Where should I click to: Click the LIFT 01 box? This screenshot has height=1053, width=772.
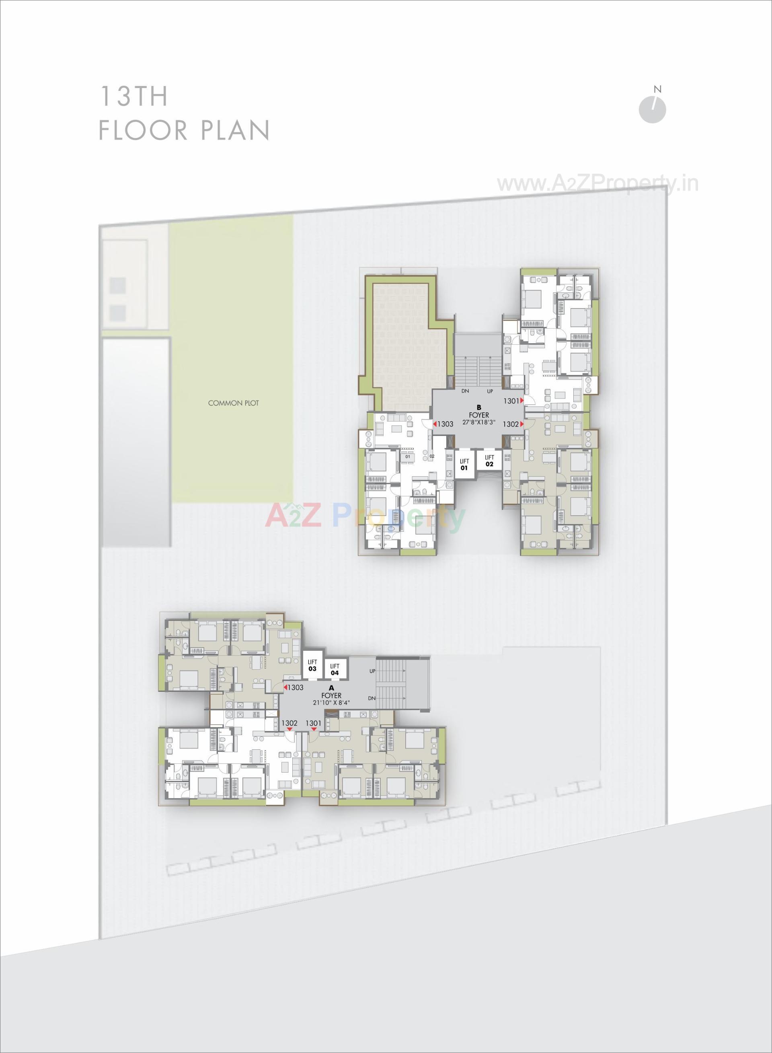point(464,464)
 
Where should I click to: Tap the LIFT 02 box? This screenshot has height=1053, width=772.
point(489,461)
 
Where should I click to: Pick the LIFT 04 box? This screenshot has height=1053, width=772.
point(335,669)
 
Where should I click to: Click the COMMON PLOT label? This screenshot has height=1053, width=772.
point(233,403)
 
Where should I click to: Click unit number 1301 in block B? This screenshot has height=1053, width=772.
point(511,401)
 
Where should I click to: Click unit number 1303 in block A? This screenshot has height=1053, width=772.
point(296,687)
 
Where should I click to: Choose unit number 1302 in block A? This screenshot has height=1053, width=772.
point(289,723)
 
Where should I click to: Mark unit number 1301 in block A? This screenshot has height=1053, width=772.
point(314,723)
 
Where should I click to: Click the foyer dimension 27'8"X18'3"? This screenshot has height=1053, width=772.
point(478,422)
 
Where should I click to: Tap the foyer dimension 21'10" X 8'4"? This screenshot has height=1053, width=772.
point(331,702)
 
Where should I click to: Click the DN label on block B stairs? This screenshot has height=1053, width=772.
point(465,391)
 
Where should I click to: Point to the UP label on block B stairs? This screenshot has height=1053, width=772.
point(490,391)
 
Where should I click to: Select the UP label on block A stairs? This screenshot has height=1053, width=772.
point(372,671)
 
